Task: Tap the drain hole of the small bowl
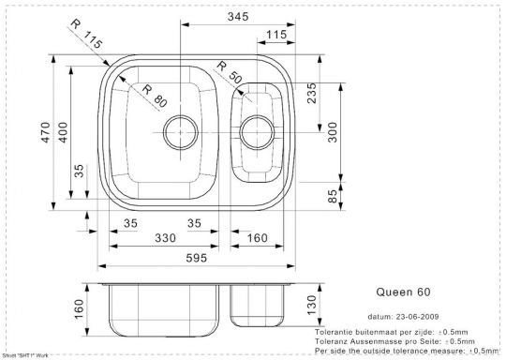[x=257, y=132]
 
